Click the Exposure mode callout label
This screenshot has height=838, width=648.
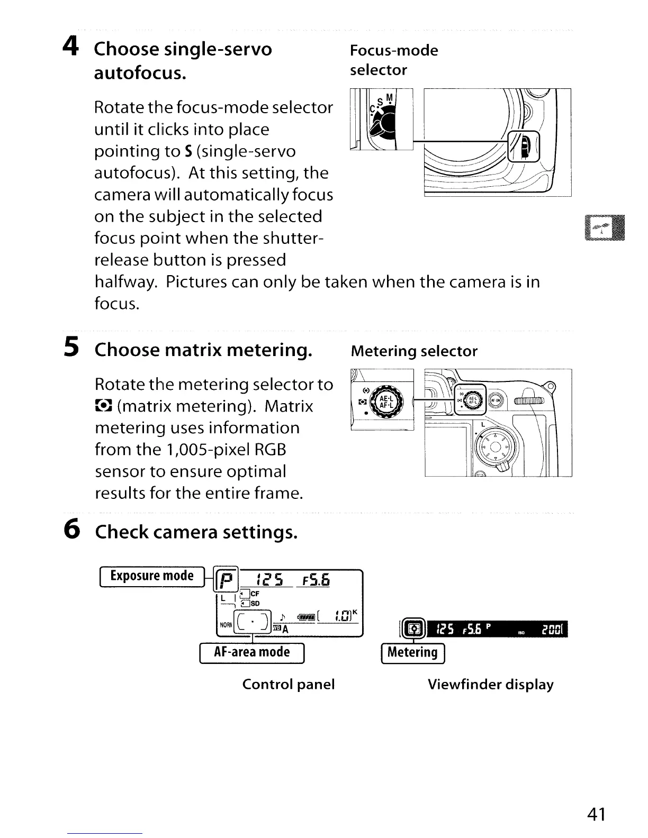click(x=151, y=576)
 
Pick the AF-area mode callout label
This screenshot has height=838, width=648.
click(x=251, y=652)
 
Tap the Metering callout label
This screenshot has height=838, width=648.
click(x=413, y=652)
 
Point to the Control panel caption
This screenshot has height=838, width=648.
click(x=289, y=684)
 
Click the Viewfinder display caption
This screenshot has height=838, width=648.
click(x=490, y=684)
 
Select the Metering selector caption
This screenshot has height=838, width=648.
click(x=414, y=351)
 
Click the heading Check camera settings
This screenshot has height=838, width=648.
click(x=196, y=531)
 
